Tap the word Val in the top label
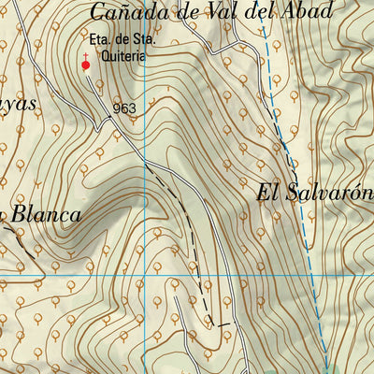point(245,12)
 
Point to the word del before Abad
point(277,12)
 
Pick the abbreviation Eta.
point(100,42)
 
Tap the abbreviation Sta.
point(142,42)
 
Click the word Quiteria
point(127,56)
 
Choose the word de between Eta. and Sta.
point(122,42)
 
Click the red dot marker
point(86,65)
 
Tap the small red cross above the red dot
point(86,56)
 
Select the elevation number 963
point(124,108)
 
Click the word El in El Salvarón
point(268,194)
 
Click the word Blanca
point(47,214)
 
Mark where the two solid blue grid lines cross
point(146,277)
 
